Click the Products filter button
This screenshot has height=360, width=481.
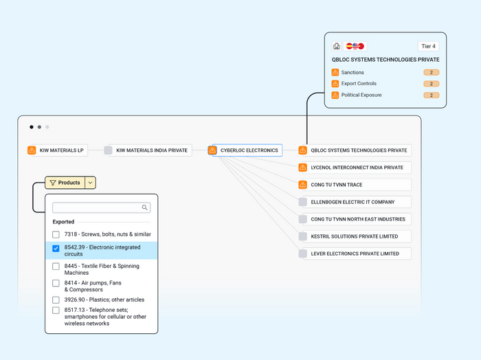[65, 183]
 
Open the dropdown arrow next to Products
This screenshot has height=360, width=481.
[90, 183]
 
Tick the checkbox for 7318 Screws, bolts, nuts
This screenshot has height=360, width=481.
[56, 234]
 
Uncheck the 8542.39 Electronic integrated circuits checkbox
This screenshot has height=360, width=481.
[56, 249]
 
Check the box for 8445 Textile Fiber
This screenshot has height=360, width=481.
[56, 266]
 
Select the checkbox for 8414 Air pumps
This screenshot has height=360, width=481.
[56, 283]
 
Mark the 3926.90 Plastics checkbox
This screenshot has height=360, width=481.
[56, 300]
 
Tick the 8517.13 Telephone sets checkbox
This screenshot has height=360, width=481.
[56, 311]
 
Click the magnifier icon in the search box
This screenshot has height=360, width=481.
[145, 207]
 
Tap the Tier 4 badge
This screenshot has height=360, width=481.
[428, 46]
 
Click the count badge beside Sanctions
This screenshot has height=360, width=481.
[432, 72]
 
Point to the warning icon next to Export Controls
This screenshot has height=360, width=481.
[335, 84]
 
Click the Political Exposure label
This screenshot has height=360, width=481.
[361, 95]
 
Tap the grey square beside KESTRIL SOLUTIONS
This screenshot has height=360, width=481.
[303, 236]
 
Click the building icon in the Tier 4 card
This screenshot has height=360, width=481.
[337, 46]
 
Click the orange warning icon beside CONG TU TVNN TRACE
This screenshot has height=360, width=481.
[303, 185]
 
